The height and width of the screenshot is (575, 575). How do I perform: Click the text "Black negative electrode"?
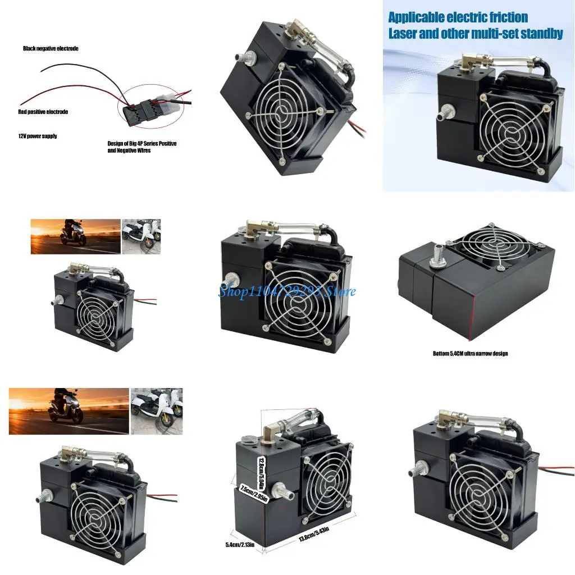pos(51,49)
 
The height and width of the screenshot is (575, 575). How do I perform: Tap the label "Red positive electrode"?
pos(43,112)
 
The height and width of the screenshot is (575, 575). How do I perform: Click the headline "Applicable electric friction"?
pos(458,17)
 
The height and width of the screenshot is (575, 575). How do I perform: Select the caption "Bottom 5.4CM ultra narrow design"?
pos(471,354)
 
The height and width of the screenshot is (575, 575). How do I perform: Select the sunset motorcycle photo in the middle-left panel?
pos(75,236)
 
